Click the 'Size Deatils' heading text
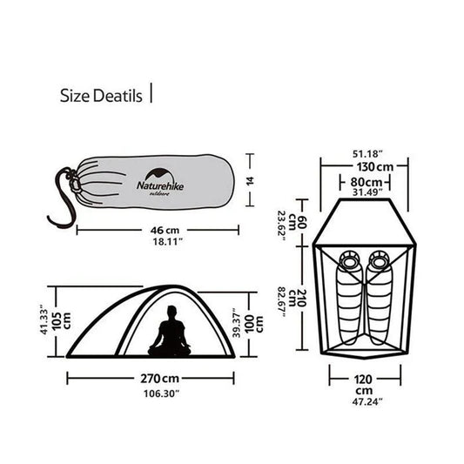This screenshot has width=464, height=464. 100,95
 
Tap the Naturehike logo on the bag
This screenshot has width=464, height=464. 158,182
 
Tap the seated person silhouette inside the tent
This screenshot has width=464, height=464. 170,332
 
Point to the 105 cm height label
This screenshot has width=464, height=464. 58,321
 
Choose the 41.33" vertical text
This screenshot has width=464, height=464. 44,321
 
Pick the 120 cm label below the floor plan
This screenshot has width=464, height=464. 364,379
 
